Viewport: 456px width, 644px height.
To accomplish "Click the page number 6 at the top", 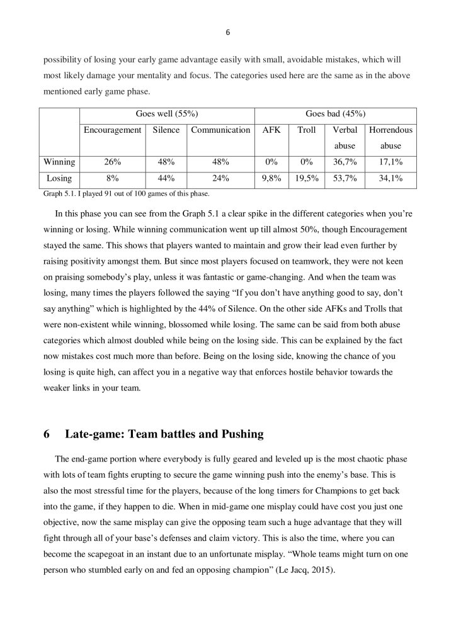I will pyautogui.click(x=227, y=33).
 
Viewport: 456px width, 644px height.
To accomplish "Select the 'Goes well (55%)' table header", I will pyautogui.click(x=167, y=114).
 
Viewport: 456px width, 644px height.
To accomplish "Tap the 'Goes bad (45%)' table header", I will pyautogui.click(x=335, y=114).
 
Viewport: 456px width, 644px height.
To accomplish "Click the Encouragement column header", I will pyautogui.click(x=112, y=130).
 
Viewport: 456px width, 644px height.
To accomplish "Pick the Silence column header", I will pyautogui.click(x=166, y=130).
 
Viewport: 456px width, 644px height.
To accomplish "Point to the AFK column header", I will pyautogui.click(x=271, y=130).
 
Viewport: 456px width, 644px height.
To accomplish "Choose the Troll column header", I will pyautogui.click(x=307, y=130).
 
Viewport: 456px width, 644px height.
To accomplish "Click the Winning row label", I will pyautogui.click(x=59, y=162).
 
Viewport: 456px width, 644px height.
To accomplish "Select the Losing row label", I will pyautogui.click(x=59, y=179).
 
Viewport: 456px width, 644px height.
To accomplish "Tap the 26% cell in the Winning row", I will pyautogui.click(x=112, y=162).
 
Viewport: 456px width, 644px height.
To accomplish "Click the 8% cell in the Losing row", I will pyautogui.click(x=112, y=179).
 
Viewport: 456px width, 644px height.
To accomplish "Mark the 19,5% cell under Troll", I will pyautogui.click(x=307, y=179).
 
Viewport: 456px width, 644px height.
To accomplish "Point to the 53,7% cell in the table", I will pyautogui.click(x=345, y=179).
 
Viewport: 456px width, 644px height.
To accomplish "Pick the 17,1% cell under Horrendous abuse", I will pyautogui.click(x=390, y=162).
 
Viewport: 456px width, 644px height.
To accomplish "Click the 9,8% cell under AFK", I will pyautogui.click(x=271, y=179).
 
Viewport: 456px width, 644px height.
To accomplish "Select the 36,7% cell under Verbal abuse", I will pyautogui.click(x=345, y=162).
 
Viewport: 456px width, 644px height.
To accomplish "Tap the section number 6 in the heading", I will pyautogui.click(x=47, y=434).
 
